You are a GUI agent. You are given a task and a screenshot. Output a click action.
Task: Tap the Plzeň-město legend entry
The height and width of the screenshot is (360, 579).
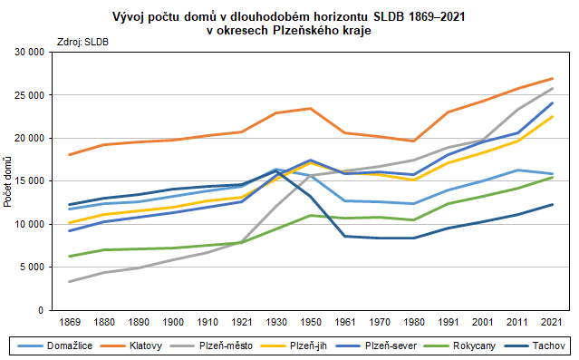(x=221, y=346)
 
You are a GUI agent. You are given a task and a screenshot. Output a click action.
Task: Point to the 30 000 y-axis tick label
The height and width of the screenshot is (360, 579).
(x=29, y=52)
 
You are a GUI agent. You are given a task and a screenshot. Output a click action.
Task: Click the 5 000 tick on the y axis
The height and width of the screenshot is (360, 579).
(x=32, y=267)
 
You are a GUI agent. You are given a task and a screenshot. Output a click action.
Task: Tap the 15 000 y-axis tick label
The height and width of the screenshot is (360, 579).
(x=29, y=180)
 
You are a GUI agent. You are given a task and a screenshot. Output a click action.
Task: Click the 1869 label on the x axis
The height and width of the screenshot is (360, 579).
(x=70, y=321)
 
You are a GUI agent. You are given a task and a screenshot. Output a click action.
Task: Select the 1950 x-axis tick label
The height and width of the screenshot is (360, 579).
(x=310, y=321)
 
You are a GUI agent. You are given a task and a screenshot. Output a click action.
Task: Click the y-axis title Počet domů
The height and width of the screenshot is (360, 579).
(x=8, y=180)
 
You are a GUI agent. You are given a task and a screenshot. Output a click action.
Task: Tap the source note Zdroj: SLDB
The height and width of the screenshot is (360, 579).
(x=82, y=42)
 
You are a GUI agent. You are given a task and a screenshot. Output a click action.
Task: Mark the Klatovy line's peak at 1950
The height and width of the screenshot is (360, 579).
(x=310, y=109)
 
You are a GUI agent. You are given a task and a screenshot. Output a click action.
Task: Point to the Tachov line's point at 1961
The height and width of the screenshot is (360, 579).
(x=344, y=236)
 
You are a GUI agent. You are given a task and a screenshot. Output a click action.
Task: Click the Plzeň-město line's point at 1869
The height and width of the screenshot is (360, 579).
(x=70, y=281)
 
